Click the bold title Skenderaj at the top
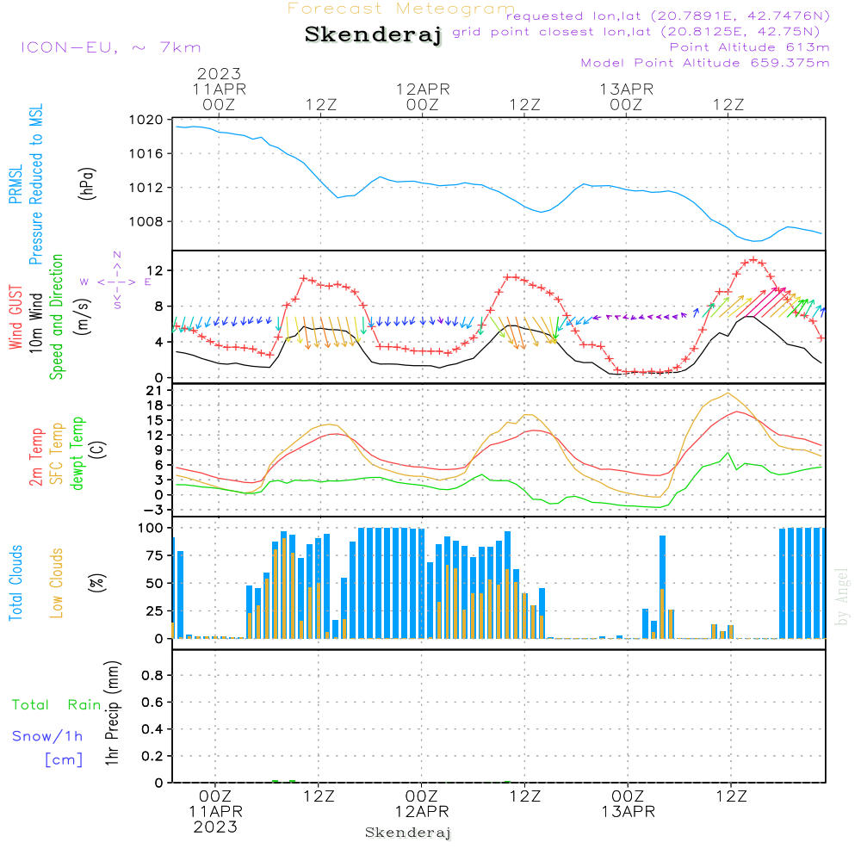coord(373,34)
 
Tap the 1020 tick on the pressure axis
coord(146,120)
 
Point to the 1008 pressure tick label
coord(146,222)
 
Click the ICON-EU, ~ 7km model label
coord(111,47)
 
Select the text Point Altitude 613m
coord(750,47)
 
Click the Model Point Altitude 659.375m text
coord(705,63)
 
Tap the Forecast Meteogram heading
coord(401,9)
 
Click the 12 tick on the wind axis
coord(155,270)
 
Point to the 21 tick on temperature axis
coord(154,390)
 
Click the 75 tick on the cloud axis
coord(154,555)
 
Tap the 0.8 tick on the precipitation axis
coord(152,675)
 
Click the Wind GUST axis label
coord(15,317)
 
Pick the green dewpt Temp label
coord(77,453)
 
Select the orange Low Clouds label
coord(56,583)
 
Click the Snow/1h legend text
coord(47,736)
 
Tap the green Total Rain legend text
coord(57,704)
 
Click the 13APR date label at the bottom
coord(628,812)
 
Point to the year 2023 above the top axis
coord(219,73)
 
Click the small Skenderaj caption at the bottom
coord(408,833)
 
